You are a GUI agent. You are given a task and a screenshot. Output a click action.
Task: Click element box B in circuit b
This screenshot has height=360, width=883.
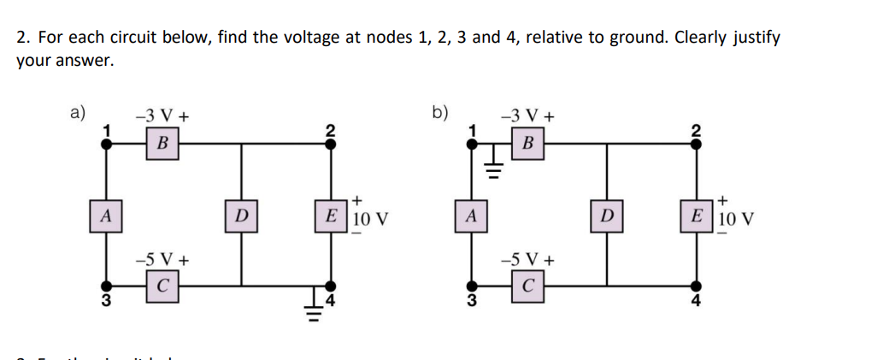point(527,144)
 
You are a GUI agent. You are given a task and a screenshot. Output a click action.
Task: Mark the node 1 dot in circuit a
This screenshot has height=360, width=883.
point(105,144)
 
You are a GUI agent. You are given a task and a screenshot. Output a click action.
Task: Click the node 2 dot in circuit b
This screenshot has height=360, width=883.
point(696,144)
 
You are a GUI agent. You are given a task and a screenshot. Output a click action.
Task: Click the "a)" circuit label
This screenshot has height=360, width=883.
point(78,112)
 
